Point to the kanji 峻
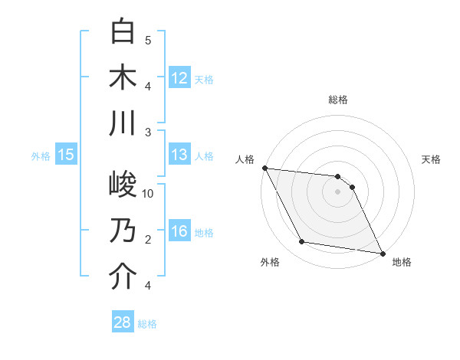pos(123,185)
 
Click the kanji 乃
pos(123,231)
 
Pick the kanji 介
pos(123,277)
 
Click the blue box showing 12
pos(179,77)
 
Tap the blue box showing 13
pos(179,155)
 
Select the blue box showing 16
pos(179,231)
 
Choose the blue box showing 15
pos(66,155)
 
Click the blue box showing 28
pos(123,322)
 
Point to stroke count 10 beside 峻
pos(148,194)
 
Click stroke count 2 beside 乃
pos(148,240)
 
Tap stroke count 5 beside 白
pos(148,40)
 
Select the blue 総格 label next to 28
pos(147,324)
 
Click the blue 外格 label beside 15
pos(41,155)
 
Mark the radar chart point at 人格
pos(264,168)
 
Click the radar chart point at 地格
pos(382,253)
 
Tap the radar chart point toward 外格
pos(302,242)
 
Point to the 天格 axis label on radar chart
pos(431,159)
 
